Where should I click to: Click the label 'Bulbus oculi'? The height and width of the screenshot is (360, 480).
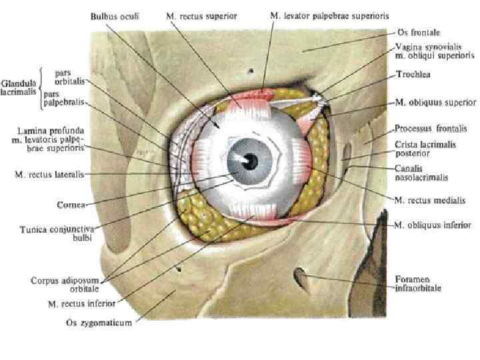point(115,15)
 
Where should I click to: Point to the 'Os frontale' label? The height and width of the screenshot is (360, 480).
point(412,32)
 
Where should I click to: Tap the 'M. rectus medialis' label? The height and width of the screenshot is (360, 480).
point(427,199)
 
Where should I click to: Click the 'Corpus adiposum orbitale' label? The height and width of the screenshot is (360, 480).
point(65,285)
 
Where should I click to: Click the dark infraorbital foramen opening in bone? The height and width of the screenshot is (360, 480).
point(301,276)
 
